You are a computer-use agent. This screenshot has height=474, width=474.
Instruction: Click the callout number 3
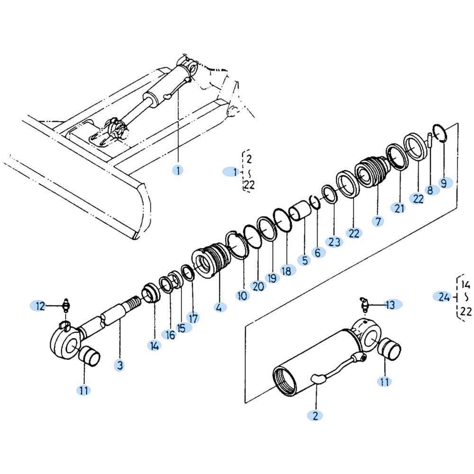(x=120, y=365)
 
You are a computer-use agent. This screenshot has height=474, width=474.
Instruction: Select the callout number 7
(x=378, y=221)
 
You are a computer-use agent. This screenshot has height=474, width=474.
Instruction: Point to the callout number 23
(x=334, y=242)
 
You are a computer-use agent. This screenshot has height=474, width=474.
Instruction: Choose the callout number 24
(x=444, y=297)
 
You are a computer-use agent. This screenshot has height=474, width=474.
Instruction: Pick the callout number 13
(x=391, y=305)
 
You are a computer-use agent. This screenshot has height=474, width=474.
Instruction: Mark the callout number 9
(x=444, y=183)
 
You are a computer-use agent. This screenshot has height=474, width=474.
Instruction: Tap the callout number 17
(x=193, y=318)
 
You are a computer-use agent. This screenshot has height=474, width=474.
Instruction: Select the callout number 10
(x=242, y=295)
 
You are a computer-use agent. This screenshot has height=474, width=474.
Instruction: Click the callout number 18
(x=287, y=271)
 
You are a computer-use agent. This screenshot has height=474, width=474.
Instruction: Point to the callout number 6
(x=318, y=253)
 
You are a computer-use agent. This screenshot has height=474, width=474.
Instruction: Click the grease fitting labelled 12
(x=66, y=305)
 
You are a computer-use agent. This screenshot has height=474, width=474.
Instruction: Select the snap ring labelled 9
(x=440, y=133)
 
